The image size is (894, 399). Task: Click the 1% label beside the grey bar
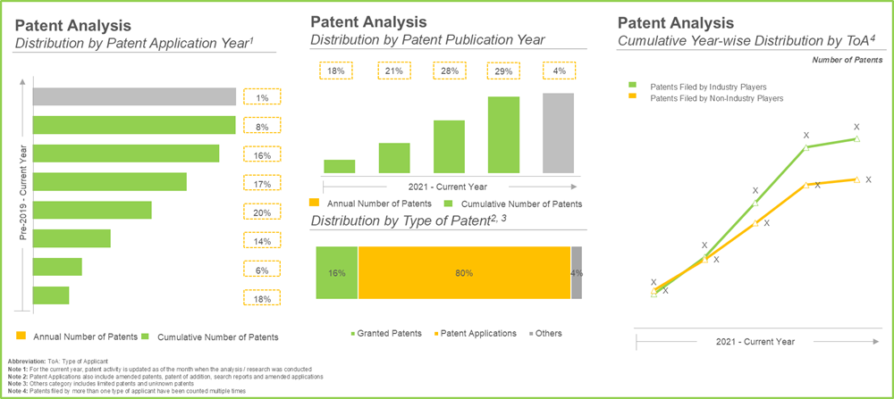pyautogui.click(x=262, y=98)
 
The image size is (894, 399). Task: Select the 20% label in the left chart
pyautogui.click(x=262, y=212)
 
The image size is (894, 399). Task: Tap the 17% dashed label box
pyautogui.click(x=262, y=184)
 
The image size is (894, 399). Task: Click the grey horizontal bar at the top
pyautogui.click(x=134, y=97)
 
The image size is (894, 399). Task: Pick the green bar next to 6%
pyautogui.click(x=57, y=267)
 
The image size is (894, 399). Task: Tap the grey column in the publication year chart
pyautogui.click(x=558, y=133)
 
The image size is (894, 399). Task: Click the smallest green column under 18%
pyautogui.click(x=340, y=166)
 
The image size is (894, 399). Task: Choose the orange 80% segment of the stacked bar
pyautogui.click(x=464, y=272)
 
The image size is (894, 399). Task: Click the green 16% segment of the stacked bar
pyautogui.click(x=337, y=272)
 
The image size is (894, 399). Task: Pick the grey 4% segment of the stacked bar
pyautogui.click(x=577, y=272)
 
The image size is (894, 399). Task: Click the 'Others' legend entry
pyautogui.click(x=544, y=333)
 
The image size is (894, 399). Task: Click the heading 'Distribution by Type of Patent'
pyautogui.click(x=399, y=221)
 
